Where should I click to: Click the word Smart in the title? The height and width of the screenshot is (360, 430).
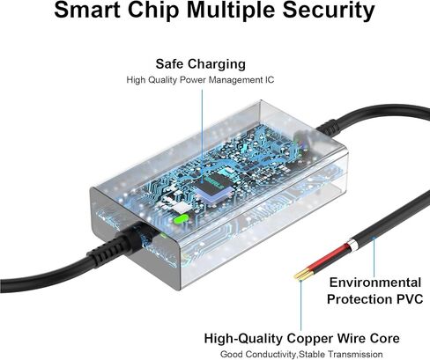[88, 10]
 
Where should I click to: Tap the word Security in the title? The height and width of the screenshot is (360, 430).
[329, 11]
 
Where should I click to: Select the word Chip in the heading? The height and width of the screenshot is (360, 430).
[153, 11]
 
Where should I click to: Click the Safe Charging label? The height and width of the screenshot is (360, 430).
[201, 64]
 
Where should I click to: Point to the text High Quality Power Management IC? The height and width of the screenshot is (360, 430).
[200, 80]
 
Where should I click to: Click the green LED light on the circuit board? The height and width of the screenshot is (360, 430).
[181, 218]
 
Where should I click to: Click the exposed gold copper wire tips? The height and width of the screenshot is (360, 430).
[301, 275]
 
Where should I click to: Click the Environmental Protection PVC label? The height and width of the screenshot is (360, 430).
[375, 290]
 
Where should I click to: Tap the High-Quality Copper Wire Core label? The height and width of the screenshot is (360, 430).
[301, 338]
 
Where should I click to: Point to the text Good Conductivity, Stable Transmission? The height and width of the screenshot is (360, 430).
[301, 355]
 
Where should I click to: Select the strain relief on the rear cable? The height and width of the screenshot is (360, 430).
[330, 127]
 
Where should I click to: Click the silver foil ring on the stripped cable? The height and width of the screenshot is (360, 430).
[352, 245]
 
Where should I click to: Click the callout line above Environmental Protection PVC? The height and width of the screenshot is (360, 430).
[374, 257]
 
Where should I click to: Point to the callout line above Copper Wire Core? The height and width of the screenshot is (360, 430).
[300, 305]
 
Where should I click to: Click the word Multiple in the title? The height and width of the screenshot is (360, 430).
[231, 11]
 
